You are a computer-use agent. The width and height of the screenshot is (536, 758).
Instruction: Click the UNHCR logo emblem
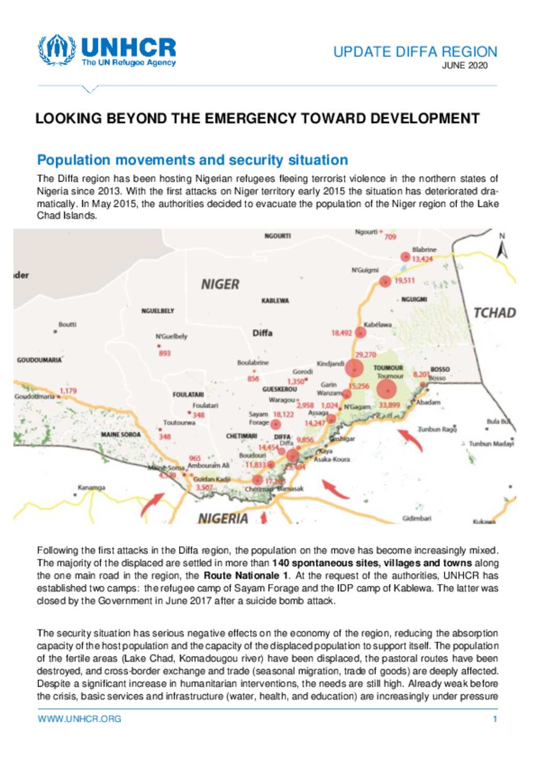pyautogui.click(x=57, y=50)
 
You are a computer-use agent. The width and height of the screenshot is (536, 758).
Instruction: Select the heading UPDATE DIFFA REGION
pyautogui.click(x=415, y=52)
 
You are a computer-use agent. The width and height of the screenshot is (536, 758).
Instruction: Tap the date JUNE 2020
pyautogui.click(x=464, y=65)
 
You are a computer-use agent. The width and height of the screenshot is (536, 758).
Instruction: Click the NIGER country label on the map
pyautogui.click(x=220, y=285)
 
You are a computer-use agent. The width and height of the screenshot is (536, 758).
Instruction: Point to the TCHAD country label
pyautogui.click(x=494, y=313)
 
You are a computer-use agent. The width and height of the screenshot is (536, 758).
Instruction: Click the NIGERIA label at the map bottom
pyautogui.click(x=223, y=518)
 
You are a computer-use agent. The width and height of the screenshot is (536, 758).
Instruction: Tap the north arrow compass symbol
pyautogui.click(x=502, y=250)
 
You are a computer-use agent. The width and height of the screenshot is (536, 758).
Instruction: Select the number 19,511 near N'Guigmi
pyautogui.click(x=404, y=281)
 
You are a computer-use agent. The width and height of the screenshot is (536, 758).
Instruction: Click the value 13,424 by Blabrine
pyautogui.click(x=422, y=259)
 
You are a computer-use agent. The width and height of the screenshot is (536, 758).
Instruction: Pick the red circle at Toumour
pyautogui.click(x=386, y=390)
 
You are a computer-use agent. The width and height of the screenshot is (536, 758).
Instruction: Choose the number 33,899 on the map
pyautogui.click(x=389, y=405)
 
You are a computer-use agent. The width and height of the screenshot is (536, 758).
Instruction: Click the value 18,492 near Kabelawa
pyautogui.click(x=341, y=333)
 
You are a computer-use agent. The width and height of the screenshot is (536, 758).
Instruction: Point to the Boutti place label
pyautogui.click(x=67, y=324)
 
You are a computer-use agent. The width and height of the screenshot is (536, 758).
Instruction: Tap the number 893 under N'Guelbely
pyautogui.click(x=164, y=354)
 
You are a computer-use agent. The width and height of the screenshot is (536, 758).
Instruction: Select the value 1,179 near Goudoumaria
pyautogui.click(x=68, y=391)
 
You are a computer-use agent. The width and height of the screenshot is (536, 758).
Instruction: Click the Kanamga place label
pyautogui.click(x=92, y=488)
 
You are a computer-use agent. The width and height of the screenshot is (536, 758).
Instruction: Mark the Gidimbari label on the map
pyautogui.click(x=417, y=518)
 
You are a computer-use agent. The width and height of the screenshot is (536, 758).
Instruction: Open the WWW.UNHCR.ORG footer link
pyautogui.click(x=79, y=719)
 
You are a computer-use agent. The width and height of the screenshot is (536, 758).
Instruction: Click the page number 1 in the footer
pyautogui.click(x=495, y=719)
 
